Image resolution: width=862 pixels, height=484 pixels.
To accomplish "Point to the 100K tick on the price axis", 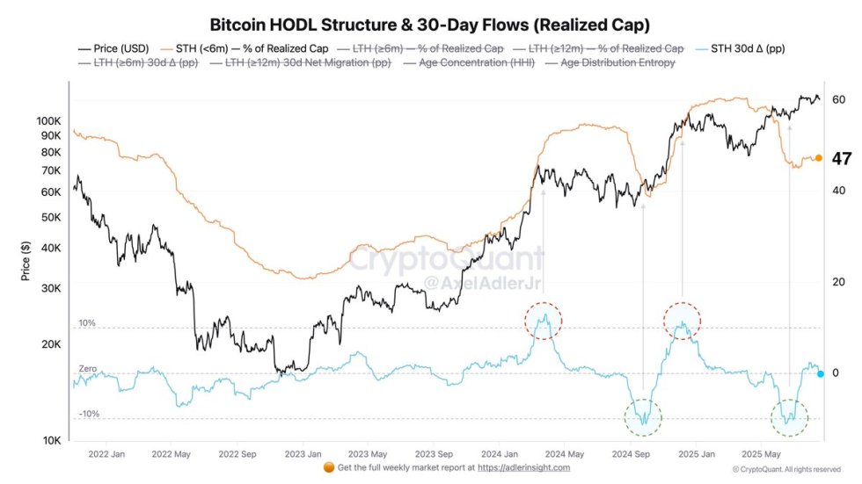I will click(47, 120).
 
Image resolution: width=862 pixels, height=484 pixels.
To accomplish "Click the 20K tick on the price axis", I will click(50, 343).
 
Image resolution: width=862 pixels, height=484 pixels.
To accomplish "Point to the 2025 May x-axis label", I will click(762, 455).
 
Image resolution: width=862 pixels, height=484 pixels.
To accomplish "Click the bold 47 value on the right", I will click(842, 159).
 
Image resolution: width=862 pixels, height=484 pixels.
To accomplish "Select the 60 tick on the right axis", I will click(839, 99).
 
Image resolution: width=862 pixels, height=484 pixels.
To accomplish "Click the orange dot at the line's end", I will click(818, 158).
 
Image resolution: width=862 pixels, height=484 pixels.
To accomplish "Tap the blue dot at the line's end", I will click(820, 374).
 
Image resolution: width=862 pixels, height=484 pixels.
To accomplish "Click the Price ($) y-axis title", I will click(26, 261).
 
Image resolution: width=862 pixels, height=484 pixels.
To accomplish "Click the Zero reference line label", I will click(88, 369).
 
